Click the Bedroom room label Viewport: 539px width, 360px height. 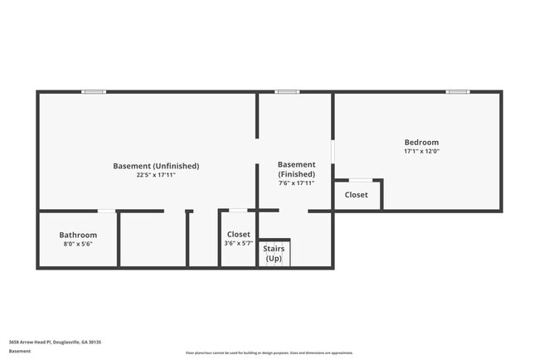coord(421,142)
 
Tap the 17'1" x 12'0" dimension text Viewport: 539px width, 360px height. coord(421,152)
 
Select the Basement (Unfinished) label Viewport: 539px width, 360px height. coord(156,166)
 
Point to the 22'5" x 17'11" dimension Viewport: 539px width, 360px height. coord(156,175)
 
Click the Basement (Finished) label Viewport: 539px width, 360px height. coord(296,169)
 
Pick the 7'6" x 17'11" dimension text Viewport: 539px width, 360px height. coord(296,184)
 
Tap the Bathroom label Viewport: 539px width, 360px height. coord(78,235)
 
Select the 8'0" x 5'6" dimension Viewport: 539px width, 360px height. coord(78,245)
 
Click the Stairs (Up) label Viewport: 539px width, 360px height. coord(273,253)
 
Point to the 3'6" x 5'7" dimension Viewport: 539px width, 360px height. coord(238,244)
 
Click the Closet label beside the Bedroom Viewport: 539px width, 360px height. coord(356,195)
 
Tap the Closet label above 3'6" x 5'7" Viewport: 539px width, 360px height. coord(238,234)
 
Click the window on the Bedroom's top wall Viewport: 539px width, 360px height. coord(457,91)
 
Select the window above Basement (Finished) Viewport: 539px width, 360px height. coord(287,91)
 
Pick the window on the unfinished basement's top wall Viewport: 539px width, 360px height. coord(94,91)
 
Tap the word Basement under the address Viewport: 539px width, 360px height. coord(20,352)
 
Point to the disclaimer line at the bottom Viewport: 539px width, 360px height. coord(269,353)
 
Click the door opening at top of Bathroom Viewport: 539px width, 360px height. coord(106,211)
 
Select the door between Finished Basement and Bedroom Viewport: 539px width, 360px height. coord(333,151)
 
